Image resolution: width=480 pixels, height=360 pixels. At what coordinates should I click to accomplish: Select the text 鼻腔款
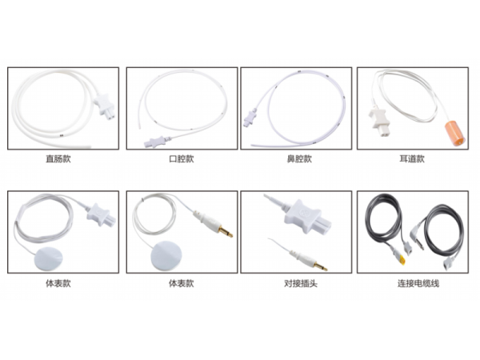298,158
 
